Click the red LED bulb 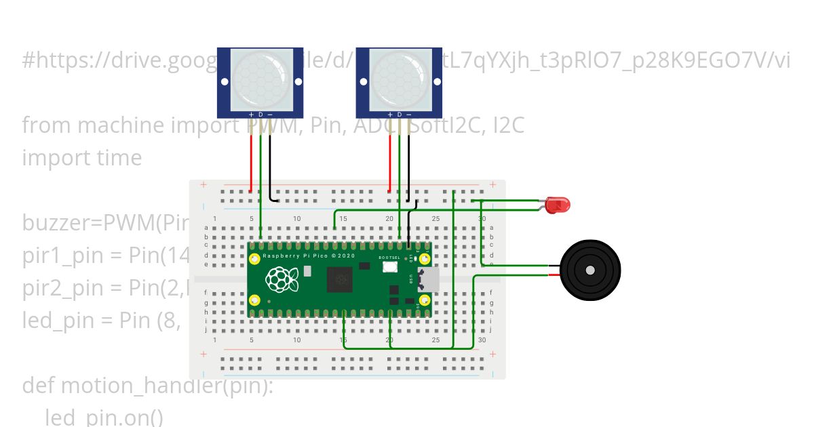click(x=558, y=205)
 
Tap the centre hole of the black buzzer click(x=590, y=270)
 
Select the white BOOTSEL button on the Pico click(x=390, y=266)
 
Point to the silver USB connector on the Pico click(x=429, y=278)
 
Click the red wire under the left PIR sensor click(x=251, y=163)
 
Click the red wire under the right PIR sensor click(x=390, y=163)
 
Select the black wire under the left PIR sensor click(x=270, y=166)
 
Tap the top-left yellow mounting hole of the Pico click(x=255, y=259)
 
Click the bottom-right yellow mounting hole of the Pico click(x=425, y=300)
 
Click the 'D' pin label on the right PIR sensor click(x=400, y=115)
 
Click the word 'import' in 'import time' click(x=54, y=158)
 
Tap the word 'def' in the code click(x=39, y=385)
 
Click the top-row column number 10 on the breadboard click(x=296, y=218)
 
